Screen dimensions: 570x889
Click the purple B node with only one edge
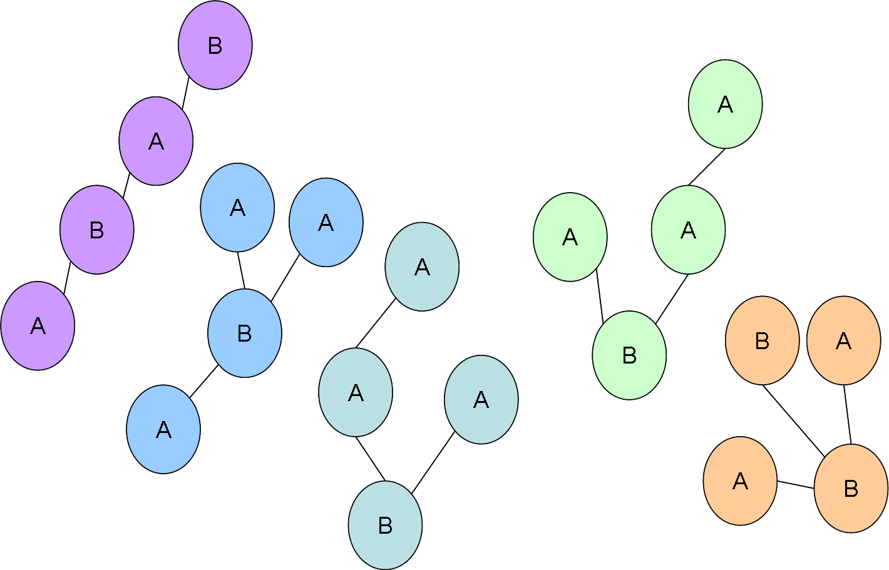coord(215,45)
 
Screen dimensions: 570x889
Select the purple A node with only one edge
coord(38,325)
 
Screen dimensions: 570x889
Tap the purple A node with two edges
coord(156,141)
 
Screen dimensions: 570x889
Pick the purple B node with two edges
coord(97,230)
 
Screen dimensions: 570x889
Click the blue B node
coord(245,333)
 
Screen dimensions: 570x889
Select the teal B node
coord(385,525)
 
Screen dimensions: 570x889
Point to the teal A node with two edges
coord(356,392)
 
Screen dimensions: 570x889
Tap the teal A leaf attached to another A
coord(422,267)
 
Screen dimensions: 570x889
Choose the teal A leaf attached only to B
coord(481,399)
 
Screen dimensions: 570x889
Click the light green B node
coord(629,355)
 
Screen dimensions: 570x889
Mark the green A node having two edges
coord(688,230)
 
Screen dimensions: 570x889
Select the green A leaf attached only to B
coord(570,237)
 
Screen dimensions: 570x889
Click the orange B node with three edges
coord(851,488)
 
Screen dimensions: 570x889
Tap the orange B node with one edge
coord(762,340)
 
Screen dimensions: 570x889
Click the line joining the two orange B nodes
coord(794,420)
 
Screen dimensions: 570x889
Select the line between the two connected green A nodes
coord(707,166)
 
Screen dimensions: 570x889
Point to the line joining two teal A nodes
coord(376,323)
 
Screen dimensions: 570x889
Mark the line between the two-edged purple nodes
coord(126,185)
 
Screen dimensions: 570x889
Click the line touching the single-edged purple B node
coord(185,93)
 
